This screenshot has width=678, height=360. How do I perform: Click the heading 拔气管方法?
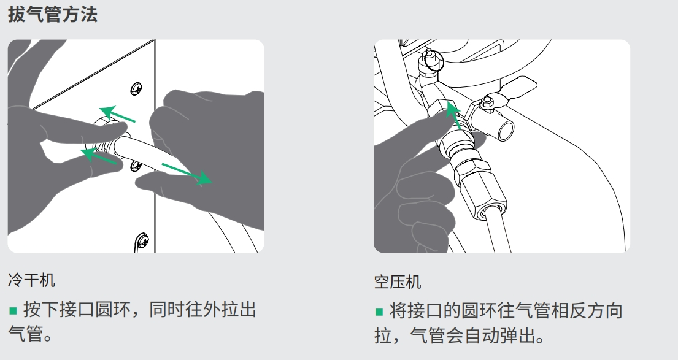53,14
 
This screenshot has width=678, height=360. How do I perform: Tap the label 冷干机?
31,280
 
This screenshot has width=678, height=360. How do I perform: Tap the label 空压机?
398,281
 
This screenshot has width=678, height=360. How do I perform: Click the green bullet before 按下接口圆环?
13,310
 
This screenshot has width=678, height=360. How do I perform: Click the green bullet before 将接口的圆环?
379,312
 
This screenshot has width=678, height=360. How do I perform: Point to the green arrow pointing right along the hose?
187,174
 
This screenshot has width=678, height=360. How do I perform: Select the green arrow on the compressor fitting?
453,115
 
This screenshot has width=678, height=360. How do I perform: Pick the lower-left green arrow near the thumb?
99,156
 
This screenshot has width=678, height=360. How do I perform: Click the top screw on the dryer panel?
136,88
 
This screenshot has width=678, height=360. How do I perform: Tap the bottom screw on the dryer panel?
142,240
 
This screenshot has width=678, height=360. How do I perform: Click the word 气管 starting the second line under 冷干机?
26,334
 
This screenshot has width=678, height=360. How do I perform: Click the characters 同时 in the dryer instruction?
167,310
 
